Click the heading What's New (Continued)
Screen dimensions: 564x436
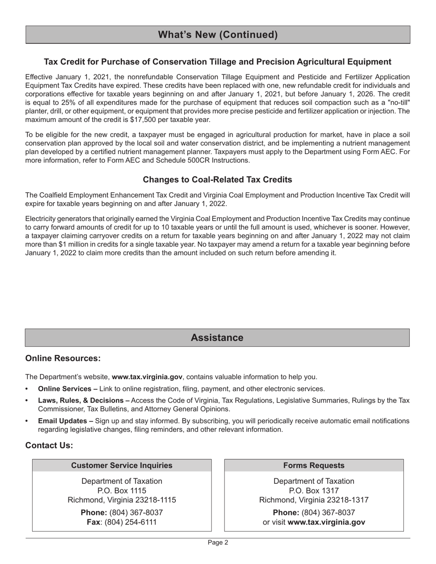point(218,35)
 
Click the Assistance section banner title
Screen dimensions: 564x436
point(217,338)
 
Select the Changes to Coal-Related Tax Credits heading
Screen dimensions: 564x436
point(217,180)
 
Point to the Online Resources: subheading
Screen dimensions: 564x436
point(63,358)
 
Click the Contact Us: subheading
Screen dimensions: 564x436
point(49,446)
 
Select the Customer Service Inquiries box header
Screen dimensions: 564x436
point(122,466)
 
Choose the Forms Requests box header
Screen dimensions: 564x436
point(314,466)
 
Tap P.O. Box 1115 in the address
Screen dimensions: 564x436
point(122,491)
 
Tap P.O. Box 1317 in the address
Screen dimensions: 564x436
point(314,491)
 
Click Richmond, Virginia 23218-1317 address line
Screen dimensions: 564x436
point(314,500)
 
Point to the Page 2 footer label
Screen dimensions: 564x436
point(218,543)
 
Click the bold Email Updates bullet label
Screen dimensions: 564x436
point(66,421)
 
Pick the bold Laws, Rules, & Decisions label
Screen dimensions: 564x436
point(84,400)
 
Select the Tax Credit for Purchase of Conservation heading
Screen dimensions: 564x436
point(217,62)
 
